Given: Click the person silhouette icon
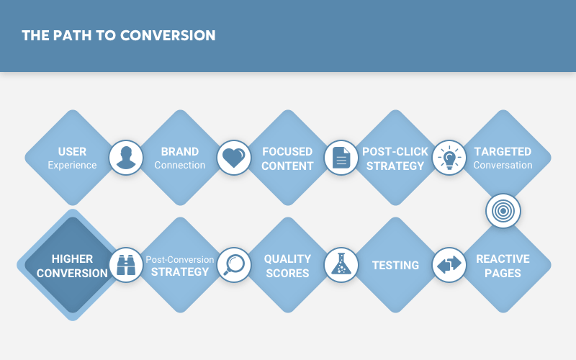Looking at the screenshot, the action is [126, 158].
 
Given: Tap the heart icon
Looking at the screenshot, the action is [233, 158].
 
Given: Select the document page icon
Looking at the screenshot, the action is [341, 158].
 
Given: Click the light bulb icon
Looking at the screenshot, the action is [449, 158].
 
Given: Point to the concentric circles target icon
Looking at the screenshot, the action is [503, 211].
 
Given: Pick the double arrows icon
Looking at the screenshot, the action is [449, 265].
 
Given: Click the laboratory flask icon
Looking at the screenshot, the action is [341, 264].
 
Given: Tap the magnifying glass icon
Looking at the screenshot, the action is [233, 265].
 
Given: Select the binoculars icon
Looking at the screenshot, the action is [126, 265].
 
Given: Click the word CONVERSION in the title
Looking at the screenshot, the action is [168, 35].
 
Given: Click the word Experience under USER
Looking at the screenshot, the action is [73, 166].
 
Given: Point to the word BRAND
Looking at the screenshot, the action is [180, 151].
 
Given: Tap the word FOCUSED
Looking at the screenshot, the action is [287, 151].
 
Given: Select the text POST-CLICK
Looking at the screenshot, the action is [395, 151].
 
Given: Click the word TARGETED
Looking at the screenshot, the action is [503, 151].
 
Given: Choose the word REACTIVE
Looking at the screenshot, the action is [503, 258].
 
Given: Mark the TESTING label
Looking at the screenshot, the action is [395, 265].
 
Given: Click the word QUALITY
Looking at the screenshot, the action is [287, 258].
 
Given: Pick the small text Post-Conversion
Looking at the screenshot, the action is [180, 259].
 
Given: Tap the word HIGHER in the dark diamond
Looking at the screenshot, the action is [73, 258].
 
